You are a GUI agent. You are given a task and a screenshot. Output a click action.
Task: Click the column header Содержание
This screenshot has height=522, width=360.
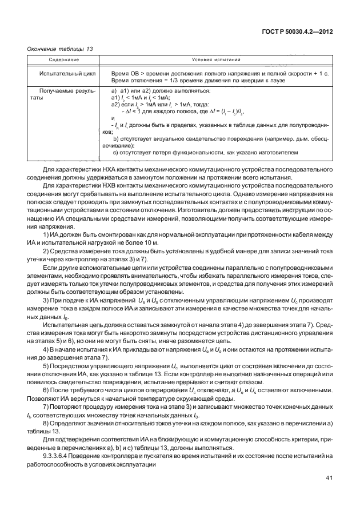point(63,59)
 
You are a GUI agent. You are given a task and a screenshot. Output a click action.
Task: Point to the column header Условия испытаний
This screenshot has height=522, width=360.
point(215,59)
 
